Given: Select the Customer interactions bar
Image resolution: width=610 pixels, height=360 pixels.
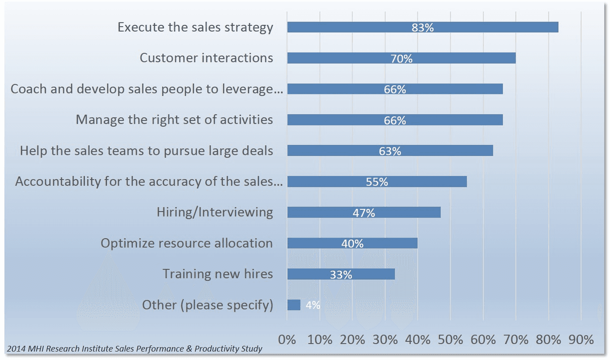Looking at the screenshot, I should tap(343, 58).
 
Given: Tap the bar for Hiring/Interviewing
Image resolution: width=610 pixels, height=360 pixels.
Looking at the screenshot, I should tap(324, 213).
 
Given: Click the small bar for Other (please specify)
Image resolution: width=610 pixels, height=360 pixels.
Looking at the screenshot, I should tap(294, 305).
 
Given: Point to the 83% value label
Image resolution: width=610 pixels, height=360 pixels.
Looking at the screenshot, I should tap(423, 28).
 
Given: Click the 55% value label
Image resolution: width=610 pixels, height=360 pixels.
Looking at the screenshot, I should tap(377, 182).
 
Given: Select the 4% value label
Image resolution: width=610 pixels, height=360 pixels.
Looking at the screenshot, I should tap(313, 305).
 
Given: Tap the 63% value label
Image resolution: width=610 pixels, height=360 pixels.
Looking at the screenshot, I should tap(390, 151).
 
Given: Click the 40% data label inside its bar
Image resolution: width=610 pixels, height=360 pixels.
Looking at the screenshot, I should tap(352, 244).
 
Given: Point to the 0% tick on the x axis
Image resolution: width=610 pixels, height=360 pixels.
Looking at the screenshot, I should tap(287, 340).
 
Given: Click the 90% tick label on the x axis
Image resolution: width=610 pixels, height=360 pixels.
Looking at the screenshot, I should tap(581, 340).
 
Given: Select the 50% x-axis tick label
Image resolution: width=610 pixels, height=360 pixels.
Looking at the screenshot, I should tap(450, 340).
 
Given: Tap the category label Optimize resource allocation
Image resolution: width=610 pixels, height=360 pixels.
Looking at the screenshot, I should tap(187, 243).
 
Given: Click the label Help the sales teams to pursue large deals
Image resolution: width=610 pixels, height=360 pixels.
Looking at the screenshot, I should tap(146, 151).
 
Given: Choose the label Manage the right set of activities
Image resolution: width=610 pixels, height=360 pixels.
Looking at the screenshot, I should tap(174, 120).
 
